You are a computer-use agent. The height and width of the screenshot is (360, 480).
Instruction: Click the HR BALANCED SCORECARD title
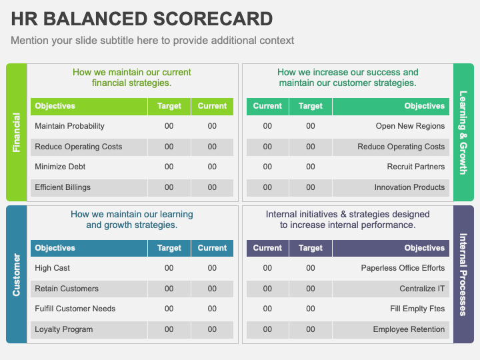[141, 19]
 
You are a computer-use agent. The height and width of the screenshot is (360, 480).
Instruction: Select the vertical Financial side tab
[17, 132]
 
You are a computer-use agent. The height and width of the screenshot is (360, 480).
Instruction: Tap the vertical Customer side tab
[17, 274]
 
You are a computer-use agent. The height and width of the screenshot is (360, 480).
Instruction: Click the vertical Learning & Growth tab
[463, 132]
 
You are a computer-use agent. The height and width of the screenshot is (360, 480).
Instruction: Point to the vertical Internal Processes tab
[463, 274]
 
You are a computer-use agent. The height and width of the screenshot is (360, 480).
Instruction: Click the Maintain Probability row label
[69, 126]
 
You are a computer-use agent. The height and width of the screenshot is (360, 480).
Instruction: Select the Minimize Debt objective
[60, 167]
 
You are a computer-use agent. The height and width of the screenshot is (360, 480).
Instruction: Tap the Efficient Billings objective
[63, 187]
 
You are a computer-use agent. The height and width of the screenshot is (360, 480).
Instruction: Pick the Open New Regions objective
[410, 126]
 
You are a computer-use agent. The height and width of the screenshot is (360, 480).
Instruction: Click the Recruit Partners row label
[415, 167]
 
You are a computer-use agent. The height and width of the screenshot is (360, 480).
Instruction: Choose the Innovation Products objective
[409, 187]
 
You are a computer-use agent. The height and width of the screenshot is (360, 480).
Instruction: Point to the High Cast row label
[52, 268]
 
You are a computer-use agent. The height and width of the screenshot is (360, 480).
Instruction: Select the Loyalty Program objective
[64, 329]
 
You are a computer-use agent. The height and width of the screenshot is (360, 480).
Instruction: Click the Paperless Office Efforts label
[403, 268]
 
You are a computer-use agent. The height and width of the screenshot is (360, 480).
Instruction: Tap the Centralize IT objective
[422, 289]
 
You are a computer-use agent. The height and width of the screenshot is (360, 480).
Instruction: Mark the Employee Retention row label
[409, 329]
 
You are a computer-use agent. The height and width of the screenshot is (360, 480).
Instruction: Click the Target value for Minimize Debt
[169, 167]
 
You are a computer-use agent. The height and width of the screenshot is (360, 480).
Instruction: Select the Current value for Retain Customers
[212, 289]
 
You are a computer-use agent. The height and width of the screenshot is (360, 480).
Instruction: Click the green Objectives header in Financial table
[55, 106]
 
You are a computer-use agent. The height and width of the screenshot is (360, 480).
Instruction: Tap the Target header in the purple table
[311, 248]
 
